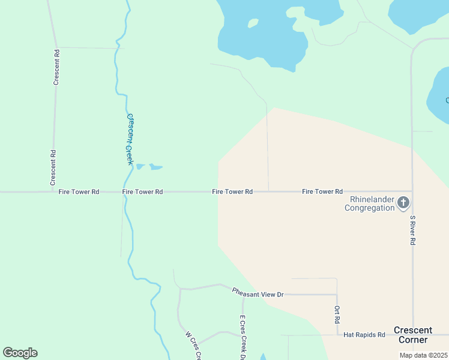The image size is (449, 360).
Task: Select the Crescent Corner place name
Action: (x=412, y=335)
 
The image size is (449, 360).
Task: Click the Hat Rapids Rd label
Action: (x=365, y=334)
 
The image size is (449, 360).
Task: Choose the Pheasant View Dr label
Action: (x=258, y=292)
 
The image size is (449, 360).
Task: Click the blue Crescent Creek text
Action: (x=128, y=139)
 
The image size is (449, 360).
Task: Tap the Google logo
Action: (x=20, y=353)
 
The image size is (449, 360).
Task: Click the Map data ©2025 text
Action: (x=423, y=355)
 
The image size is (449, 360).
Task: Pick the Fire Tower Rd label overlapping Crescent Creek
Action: (x=142, y=192)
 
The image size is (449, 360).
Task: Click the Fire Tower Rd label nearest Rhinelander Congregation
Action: (x=322, y=191)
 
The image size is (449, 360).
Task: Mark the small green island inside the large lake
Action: (x=253, y=23)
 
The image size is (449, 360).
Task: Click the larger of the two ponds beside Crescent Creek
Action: (x=155, y=167)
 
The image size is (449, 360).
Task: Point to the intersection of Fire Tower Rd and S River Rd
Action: (x=412, y=191)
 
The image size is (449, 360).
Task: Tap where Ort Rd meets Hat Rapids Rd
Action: (x=337, y=335)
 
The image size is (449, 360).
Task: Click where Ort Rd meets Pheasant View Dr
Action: (x=337, y=295)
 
